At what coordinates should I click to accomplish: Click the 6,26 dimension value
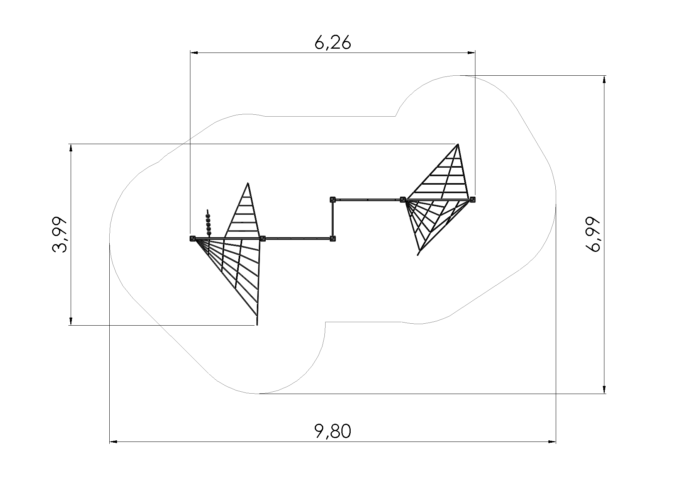333,43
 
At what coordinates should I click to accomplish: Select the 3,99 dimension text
59,235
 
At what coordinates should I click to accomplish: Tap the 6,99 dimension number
593,234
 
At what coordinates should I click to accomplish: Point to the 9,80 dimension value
333,431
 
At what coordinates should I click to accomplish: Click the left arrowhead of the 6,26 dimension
194,52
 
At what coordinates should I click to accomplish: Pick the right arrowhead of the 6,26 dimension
471,52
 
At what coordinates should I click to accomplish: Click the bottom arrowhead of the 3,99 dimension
71,321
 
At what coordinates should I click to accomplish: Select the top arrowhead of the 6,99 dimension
604,80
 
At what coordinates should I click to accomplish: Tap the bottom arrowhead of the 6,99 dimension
604,389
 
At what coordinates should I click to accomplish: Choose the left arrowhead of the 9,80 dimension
114,441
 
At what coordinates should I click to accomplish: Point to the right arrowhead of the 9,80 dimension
551,441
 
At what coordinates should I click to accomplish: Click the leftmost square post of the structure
192,239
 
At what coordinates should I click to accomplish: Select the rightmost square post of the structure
473,200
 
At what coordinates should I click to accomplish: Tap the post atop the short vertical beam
333,200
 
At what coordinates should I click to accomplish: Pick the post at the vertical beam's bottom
333,239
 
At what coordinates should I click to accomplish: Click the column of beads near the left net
209,223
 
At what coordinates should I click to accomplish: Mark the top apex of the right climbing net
458,144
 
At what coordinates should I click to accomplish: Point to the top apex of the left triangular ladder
248,183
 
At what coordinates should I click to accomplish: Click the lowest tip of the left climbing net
257,325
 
